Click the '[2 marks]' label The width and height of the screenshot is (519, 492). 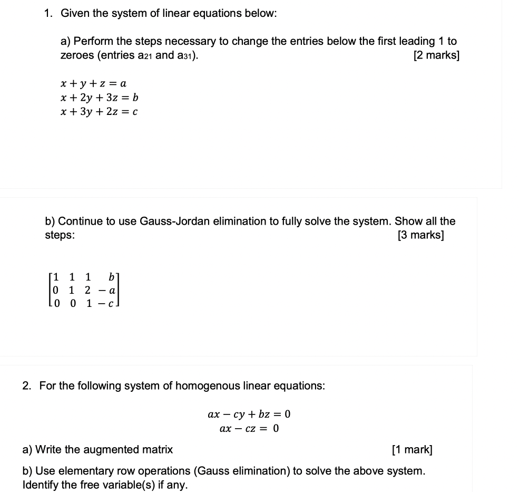coord(436,55)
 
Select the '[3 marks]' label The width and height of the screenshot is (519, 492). coord(421,235)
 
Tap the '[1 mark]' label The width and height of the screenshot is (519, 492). coord(412,450)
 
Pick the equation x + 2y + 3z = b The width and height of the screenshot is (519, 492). coord(100,98)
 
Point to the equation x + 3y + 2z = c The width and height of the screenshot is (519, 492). coord(100,111)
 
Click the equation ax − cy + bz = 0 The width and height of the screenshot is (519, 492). coord(249,414)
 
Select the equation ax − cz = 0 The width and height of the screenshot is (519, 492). coord(249,428)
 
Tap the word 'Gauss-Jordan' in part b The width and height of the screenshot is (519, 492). coord(174,221)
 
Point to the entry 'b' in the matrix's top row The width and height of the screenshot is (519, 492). coord(111,277)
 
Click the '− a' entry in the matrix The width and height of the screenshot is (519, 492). coord(107,290)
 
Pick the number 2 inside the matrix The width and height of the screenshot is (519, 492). coord(87,290)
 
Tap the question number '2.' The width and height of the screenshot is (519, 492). coord(27,386)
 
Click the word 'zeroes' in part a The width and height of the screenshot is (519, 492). coord(77,55)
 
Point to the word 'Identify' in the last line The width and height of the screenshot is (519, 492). coord(41,485)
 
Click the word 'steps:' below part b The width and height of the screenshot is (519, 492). coord(60,235)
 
